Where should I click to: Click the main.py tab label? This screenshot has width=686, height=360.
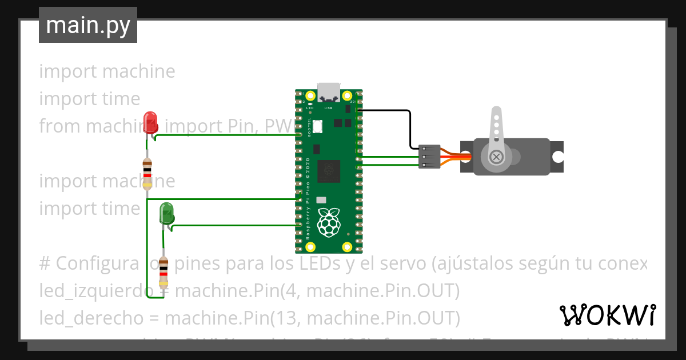(x=87, y=25)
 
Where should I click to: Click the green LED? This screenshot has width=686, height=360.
(x=167, y=213)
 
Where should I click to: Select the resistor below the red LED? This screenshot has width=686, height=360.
(x=147, y=174)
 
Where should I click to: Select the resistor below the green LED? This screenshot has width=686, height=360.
(x=164, y=273)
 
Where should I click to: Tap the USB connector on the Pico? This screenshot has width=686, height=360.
(x=329, y=92)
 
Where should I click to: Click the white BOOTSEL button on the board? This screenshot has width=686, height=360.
(x=318, y=126)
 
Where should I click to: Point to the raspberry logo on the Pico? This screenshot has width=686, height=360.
(x=329, y=222)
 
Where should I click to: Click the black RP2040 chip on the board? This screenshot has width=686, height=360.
(x=329, y=170)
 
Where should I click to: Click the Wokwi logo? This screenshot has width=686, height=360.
(x=607, y=315)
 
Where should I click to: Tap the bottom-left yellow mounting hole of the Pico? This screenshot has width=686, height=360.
(x=310, y=247)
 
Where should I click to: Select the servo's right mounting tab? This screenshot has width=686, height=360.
(x=557, y=157)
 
